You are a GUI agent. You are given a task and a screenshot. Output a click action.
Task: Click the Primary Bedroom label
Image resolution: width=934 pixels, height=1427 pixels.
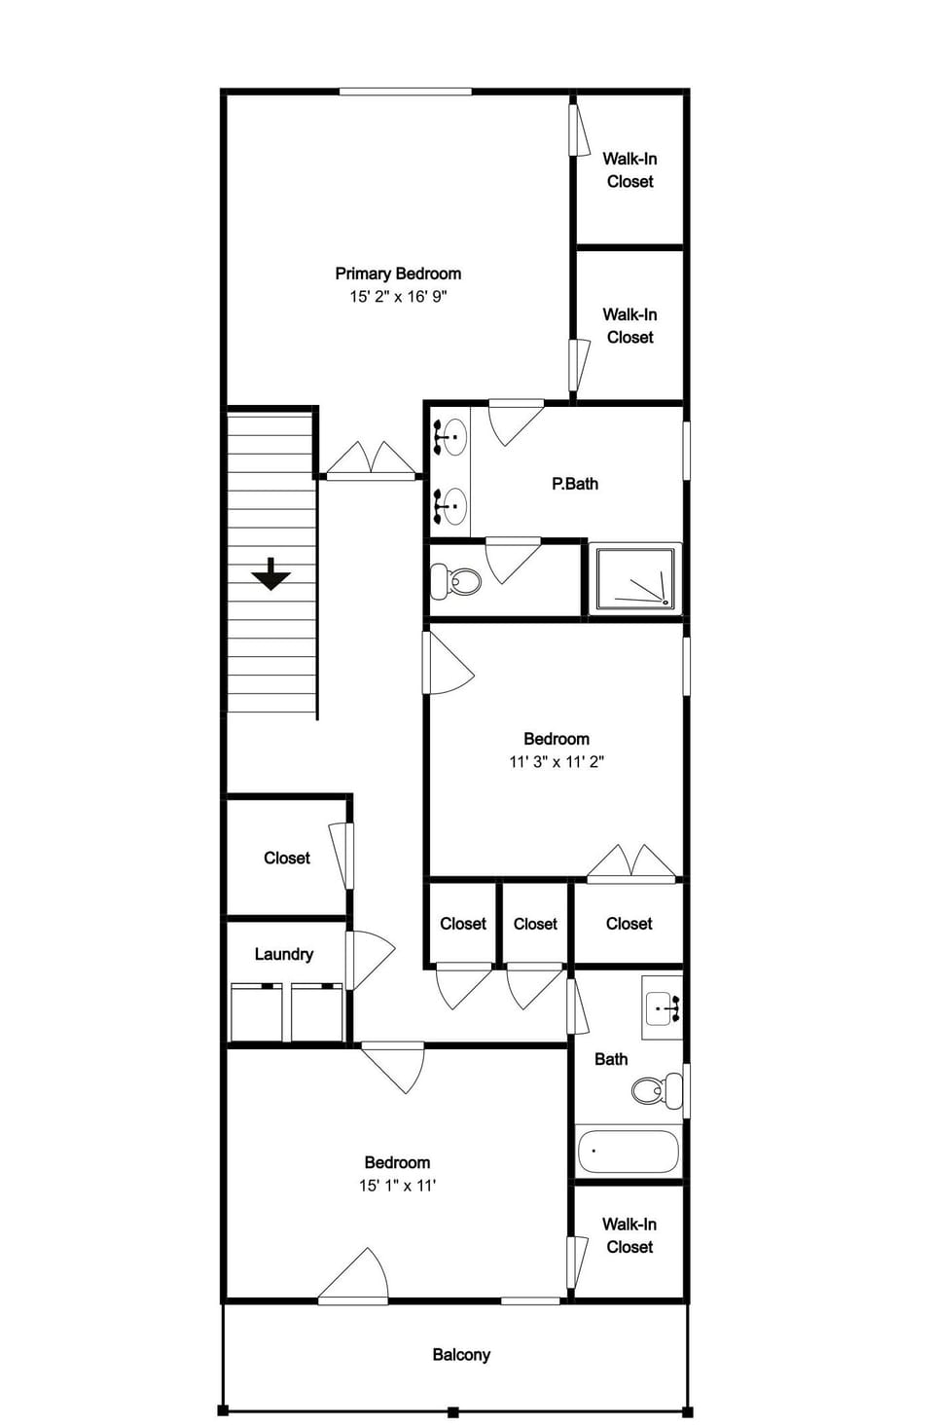[x=398, y=274]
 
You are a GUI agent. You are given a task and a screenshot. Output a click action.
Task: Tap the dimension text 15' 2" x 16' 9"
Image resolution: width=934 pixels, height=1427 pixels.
[x=398, y=296]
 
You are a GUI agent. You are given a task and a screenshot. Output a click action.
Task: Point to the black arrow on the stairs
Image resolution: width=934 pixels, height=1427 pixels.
[x=270, y=574]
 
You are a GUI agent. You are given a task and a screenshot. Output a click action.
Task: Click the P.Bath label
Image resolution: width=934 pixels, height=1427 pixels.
[x=575, y=484]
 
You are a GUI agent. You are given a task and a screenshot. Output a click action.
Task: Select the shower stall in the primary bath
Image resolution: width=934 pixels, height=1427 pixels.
[x=635, y=578]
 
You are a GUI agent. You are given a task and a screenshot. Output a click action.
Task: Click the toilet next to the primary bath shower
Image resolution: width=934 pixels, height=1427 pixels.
[x=456, y=581]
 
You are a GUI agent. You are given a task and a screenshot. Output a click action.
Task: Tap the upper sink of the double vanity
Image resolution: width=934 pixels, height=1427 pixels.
[x=449, y=437]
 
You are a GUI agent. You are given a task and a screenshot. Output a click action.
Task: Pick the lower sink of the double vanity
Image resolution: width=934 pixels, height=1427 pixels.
[x=449, y=506]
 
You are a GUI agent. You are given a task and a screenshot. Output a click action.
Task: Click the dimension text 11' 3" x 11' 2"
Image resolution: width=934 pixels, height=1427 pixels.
[x=556, y=761]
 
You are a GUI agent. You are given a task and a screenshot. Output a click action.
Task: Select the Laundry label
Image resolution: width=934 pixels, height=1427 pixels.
[x=284, y=954]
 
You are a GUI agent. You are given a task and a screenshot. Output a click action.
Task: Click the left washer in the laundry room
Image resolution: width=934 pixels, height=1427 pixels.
[x=256, y=1012]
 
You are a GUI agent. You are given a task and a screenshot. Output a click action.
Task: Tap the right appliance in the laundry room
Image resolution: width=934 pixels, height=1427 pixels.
[x=317, y=1012]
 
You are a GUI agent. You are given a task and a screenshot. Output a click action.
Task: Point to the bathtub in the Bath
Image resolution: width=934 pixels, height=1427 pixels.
[x=629, y=1152]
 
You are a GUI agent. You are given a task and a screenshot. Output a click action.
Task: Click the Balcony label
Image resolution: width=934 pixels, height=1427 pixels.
[x=461, y=1355]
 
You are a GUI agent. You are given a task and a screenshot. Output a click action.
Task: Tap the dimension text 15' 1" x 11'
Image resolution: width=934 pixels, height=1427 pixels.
[x=397, y=1185]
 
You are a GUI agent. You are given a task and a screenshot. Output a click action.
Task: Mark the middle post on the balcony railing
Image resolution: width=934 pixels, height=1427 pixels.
[x=452, y=1411]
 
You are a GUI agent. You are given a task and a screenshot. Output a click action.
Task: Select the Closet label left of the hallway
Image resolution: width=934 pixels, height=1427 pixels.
[x=287, y=858]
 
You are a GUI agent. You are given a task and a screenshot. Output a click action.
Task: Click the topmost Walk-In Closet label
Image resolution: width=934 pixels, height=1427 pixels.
[x=629, y=170]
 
